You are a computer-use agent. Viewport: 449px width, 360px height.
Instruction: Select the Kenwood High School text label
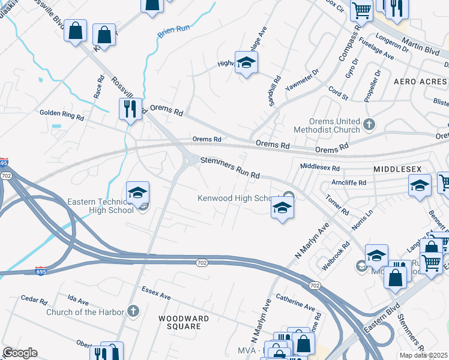236,199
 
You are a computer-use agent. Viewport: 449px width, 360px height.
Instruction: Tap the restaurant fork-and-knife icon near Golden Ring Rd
130,110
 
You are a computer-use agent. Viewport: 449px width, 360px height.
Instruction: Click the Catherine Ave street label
295,302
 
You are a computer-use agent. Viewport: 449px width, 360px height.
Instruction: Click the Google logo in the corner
20,353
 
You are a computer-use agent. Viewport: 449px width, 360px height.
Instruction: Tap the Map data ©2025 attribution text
423,355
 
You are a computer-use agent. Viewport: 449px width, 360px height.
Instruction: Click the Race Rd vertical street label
100,88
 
